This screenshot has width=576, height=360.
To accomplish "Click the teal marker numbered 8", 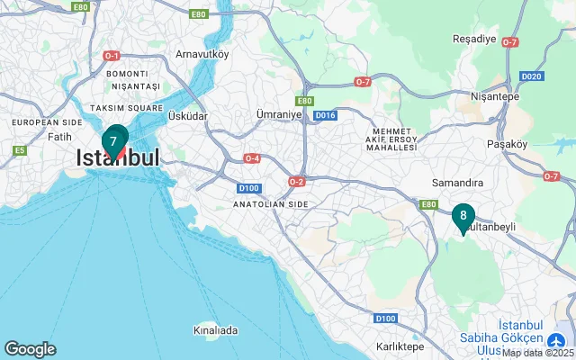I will pos(463,217).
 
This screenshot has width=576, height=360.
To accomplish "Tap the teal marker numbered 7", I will pos(113,141).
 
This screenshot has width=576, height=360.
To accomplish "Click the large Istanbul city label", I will pos(118,157).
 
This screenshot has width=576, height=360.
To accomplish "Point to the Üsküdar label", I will pos(188,116).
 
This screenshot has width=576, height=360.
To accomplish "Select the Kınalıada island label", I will pos(216,330).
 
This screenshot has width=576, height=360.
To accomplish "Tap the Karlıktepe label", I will pos(400,346).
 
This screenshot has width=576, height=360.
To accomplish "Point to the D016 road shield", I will pos(325,115).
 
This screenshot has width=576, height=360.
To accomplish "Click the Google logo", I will pos(30,348).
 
